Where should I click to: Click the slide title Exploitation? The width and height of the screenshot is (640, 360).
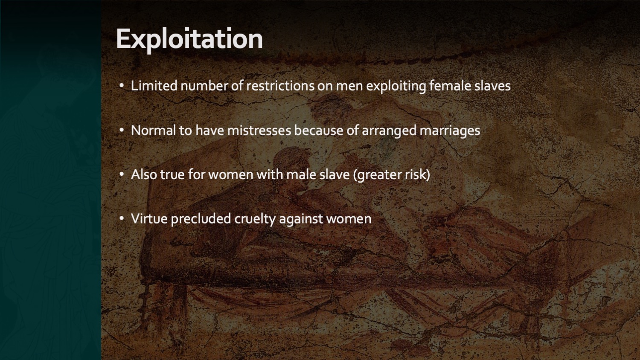[189, 39]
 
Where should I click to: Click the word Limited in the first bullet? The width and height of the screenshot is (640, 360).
[154, 86]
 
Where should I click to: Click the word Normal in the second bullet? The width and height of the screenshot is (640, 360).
[154, 131]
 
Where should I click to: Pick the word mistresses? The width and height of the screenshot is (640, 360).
[259, 131]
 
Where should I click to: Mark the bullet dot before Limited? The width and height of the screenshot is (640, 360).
[122, 85]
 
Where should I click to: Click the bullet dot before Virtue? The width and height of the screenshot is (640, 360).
[122, 218]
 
